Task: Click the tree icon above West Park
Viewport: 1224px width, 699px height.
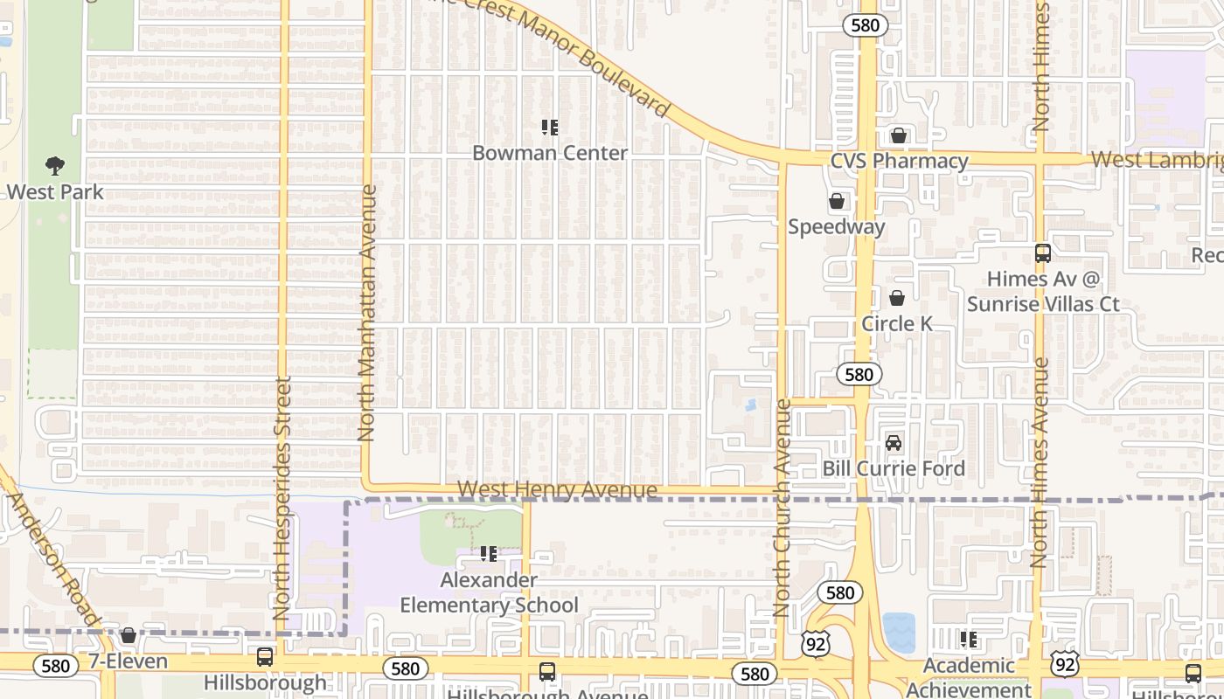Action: [55, 166]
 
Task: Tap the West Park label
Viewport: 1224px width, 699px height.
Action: [55, 192]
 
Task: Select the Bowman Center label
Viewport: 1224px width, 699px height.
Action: [550, 153]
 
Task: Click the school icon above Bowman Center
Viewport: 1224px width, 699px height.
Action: [550, 128]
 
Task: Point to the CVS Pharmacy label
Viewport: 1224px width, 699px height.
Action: [899, 161]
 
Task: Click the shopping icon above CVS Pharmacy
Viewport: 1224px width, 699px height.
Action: [898, 135]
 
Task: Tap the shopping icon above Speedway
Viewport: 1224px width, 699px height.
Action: [837, 202]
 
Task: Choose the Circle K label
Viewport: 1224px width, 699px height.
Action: [897, 323]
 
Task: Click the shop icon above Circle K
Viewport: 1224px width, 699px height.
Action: [897, 299]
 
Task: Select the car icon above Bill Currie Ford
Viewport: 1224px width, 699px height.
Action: [894, 443]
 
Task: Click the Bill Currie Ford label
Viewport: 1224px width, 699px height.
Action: [894, 468]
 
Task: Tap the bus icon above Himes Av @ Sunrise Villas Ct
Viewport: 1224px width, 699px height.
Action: [1042, 253]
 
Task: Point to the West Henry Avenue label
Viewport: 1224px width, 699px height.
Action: [557, 490]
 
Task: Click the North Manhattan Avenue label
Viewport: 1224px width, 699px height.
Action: [367, 312]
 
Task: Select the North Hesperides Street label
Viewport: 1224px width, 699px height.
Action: [282, 498]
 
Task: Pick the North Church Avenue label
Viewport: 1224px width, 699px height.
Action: [782, 509]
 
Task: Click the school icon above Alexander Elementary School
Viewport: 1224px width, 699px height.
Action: [489, 554]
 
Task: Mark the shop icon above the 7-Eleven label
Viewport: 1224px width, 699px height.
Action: [129, 635]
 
